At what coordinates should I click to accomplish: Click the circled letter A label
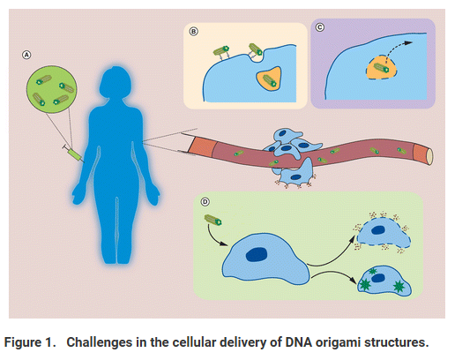click(26, 55)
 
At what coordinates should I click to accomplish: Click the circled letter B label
click(193, 32)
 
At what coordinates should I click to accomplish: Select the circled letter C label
click(320, 27)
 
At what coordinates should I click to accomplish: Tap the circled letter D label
click(205, 202)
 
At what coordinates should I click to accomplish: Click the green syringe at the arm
click(73, 154)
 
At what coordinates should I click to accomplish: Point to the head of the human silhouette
click(115, 82)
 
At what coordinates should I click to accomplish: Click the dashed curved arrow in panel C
click(398, 50)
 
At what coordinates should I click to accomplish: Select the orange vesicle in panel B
click(269, 79)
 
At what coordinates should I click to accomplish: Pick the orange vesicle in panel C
click(381, 69)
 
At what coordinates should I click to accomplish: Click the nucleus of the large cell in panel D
click(257, 254)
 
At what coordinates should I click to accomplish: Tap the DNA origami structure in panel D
click(213, 220)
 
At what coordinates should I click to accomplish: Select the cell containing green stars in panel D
click(384, 281)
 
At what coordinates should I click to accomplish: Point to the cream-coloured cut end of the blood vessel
click(429, 156)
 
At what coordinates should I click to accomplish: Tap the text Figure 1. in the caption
click(30, 342)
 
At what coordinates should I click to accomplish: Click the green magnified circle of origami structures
click(52, 89)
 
